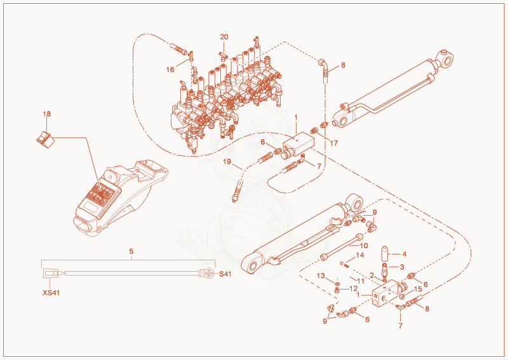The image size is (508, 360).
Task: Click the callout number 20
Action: [224, 37]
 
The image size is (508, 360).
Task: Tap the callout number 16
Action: [170, 70]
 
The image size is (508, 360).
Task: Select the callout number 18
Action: [47, 114]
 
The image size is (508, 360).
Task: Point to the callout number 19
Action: [227, 161]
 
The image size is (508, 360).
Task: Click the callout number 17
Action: [334, 143]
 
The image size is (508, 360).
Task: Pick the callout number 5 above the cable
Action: [131, 251]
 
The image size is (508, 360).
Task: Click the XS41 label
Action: [51, 293]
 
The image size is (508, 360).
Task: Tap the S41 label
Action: [225, 274]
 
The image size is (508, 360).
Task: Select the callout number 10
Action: [364, 246]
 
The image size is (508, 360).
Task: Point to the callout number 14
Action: [360, 255]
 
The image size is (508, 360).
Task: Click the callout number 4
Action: [404, 255]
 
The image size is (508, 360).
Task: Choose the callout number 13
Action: [321, 276]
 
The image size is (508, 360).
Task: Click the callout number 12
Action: [354, 288]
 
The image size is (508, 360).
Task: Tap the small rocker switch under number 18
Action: [45, 140]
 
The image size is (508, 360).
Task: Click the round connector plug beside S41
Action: [208, 274]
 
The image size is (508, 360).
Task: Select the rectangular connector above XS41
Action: [51, 273]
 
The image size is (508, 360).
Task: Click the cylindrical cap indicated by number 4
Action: [385, 254]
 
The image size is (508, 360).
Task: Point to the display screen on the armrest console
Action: [90, 206]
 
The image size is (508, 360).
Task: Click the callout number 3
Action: [402, 267]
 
